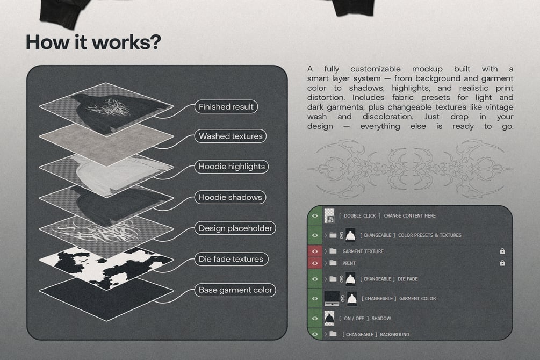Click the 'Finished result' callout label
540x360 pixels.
tap(226, 107)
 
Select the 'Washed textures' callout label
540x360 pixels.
tap(231, 136)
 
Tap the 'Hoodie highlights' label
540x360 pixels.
tap(232, 167)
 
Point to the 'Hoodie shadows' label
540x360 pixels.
tap(230, 197)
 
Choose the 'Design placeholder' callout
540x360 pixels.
tap(235, 228)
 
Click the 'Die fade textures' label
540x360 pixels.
tap(231, 259)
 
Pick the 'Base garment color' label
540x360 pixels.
tap(235, 290)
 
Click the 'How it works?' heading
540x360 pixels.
tap(93, 42)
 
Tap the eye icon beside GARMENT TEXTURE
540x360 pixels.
tap(315, 251)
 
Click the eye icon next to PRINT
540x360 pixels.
tap(315, 263)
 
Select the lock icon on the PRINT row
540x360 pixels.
tap(502, 263)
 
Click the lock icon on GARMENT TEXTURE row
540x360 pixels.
tap(502, 251)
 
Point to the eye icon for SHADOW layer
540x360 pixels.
tap(315, 318)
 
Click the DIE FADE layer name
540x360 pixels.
tap(407, 279)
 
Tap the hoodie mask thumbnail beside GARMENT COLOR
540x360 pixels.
tap(351, 299)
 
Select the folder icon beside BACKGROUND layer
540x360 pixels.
tap(333, 334)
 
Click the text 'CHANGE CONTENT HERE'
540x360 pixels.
tap(410, 215)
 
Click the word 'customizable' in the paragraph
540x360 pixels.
tap(376, 69)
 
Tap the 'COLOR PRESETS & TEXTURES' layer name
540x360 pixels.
tap(429, 235)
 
